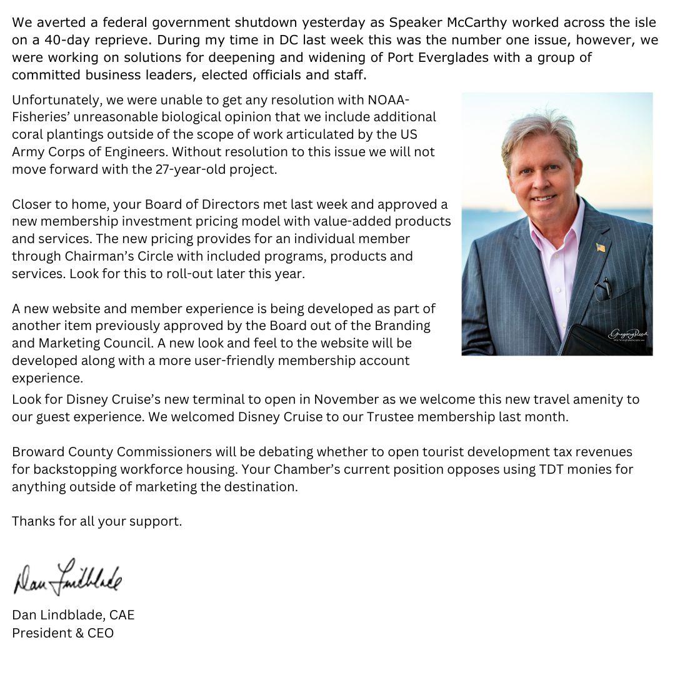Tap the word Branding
pyautogui.click(x=402, y=326)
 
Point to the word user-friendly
pyautogui.click(x=271, y=361)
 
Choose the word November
pyautogui.click(x=346, y=399)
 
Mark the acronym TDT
pyautogui.click(x=554, y=469)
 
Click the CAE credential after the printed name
pyautogui.click(x=122, y=615)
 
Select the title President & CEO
pyautogui.click(x=62, y=633)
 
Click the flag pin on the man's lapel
pyautogui.click(x=601, y=247)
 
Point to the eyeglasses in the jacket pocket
pyautogui.click(x=602, y=289)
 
